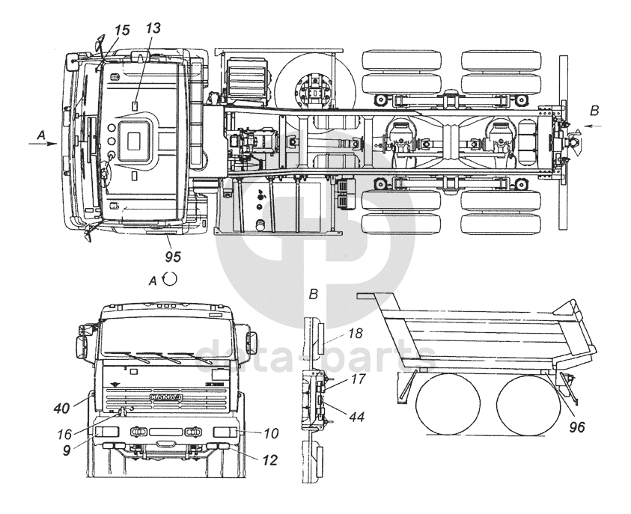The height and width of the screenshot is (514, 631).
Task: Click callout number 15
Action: click(122, 31)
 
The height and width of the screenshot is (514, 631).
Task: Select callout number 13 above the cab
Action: click(153, 28)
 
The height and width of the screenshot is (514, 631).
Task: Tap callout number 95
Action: click(173, 257)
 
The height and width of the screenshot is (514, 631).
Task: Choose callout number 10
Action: click(270, 433)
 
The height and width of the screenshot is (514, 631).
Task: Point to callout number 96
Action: click(576, 427)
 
